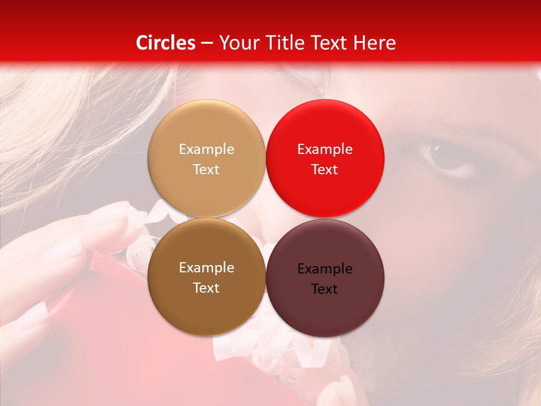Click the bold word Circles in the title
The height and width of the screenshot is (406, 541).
point(165,43)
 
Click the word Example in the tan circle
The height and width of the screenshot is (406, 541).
point(206,149)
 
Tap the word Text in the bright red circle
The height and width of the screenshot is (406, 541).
point(325,169)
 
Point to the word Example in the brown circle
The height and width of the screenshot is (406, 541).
point(206,267)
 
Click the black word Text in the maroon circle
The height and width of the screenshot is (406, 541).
point(325,289)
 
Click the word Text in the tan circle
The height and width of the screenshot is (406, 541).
point(206,169)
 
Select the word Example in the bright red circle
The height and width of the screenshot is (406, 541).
point(325,149)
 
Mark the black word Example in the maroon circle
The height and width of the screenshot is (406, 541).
point(325,268)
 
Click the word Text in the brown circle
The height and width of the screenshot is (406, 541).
point(206,288)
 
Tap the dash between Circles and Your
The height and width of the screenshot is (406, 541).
point(206,43)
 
